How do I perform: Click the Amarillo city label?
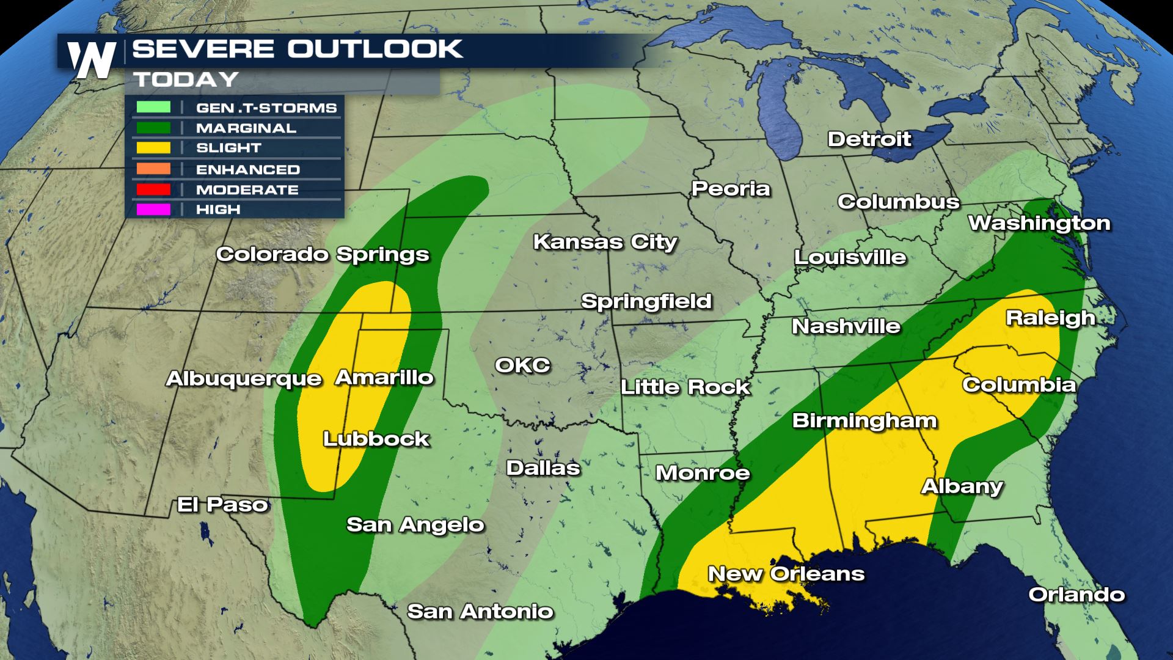click(x=384, y=378)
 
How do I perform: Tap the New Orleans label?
click(x=786, y=574)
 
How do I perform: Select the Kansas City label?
click(x=605, y=242)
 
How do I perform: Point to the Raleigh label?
click(x=1050, y=318)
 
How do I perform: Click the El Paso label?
click(x=222, y=505)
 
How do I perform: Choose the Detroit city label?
click(x=869, y=139)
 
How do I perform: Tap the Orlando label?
click(x=1076, y=595)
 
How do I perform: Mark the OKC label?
click(x=522, y=365)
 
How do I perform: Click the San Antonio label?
click(x=480, y=611)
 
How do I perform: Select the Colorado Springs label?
click(x=323, y=254)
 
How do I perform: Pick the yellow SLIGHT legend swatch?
click(x=153, y=148)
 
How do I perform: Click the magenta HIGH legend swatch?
click(x=153, y=210)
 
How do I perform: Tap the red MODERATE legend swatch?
click(x=153, y=189)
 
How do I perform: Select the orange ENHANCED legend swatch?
click(x=153, y=169)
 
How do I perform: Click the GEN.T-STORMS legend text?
click(x=266, y=108)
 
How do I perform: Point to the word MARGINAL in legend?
click(x=246, y=128)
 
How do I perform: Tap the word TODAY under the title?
click(x=186, y=79)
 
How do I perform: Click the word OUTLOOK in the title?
click(x=375, y=49)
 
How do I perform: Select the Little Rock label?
click(x=685, y=387)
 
